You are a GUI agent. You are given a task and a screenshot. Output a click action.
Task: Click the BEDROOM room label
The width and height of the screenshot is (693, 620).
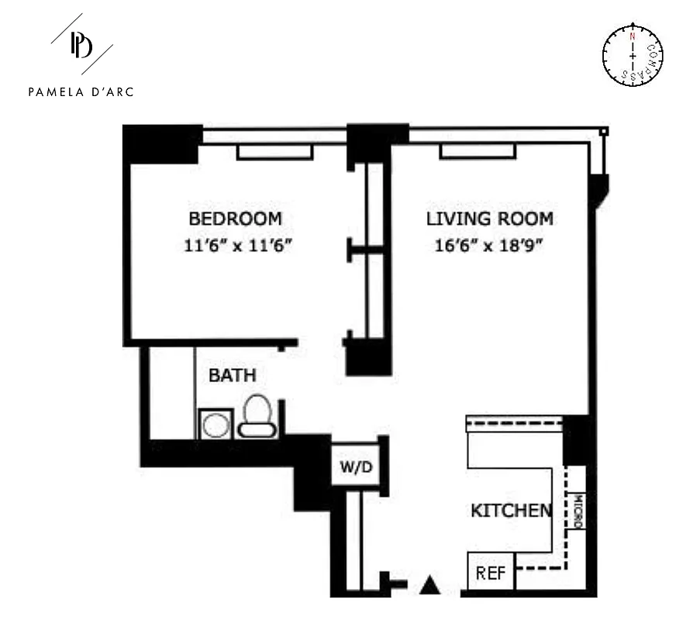click(235, 218)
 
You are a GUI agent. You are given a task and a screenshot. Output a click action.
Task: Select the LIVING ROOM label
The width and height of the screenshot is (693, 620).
click(489, 218)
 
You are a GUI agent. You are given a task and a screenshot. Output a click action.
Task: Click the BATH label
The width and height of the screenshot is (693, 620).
click(233, 376)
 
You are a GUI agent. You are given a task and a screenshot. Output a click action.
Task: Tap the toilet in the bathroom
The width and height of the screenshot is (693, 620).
click(256, 416)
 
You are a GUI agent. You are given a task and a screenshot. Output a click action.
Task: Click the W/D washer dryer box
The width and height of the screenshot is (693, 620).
click(356, 467)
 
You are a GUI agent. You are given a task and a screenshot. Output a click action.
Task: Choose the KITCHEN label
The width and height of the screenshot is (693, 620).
click(512, 510)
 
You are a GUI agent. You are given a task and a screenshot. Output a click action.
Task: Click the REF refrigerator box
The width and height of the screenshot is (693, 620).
click(491, 573)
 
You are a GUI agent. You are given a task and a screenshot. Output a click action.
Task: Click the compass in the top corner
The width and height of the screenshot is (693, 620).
click(633, 55)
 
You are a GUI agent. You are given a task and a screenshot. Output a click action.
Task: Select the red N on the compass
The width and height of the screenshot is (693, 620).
click(633, 36)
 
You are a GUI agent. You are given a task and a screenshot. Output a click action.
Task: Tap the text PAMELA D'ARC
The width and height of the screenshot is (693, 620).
click(81, 91)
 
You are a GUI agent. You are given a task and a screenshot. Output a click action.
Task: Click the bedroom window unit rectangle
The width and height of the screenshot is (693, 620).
click(274, 152)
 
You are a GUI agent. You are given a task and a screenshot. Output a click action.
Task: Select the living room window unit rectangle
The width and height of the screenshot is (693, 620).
click(478, 152)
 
